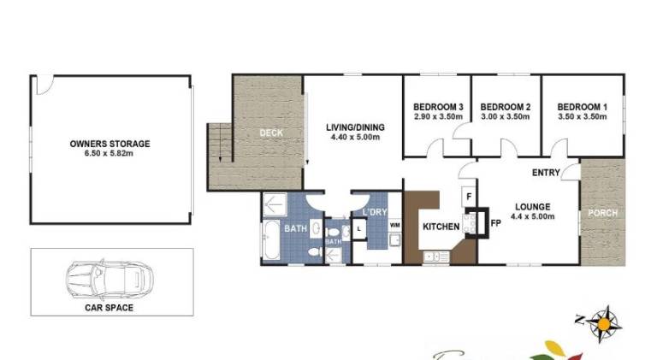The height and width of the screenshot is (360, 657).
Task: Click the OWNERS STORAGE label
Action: point(109,144)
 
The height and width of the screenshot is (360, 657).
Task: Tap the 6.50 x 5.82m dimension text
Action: point(109,153)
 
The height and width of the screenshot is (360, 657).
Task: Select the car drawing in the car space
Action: point(109,279)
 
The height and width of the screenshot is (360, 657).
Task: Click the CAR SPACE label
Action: point(109,308)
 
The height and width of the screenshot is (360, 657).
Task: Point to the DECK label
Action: point(271,133)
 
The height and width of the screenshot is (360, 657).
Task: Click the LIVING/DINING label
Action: point(355,127)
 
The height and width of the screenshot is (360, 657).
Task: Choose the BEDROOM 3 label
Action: point(438,107)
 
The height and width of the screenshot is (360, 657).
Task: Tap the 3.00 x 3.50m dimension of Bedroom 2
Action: point(506,117)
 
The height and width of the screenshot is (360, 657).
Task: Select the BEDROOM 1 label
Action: point(582,107)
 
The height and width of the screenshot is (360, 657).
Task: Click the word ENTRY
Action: point(546,173)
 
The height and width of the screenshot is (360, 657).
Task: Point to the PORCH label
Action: point(603,213)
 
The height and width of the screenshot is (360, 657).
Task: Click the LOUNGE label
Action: point(533,207)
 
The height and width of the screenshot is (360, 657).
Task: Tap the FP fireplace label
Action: point(495,223)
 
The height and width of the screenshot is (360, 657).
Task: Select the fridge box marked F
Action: point(469,197)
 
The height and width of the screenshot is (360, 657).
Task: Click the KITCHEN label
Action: point(441,227)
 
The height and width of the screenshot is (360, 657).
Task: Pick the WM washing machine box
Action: point(394,225)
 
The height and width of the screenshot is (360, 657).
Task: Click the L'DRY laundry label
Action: point(375,212)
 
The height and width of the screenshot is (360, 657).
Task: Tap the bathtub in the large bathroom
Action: point(271,240)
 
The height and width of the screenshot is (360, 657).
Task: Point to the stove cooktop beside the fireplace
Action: point(470,223)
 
